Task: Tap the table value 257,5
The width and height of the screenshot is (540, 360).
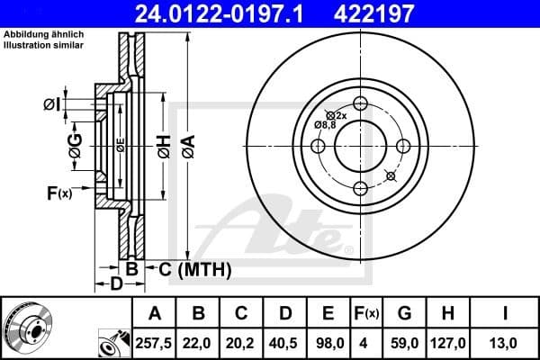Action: pos(154,342)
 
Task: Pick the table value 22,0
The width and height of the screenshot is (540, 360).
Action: pos(197,342)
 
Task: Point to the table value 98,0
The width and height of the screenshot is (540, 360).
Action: pos(328,342)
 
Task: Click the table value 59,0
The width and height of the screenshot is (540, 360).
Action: pos(405,342)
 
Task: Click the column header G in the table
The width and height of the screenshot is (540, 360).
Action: pos(405,313)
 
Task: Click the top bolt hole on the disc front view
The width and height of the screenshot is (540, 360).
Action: pos(361,103)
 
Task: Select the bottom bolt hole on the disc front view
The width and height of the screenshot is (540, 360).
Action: pos(361,187)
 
